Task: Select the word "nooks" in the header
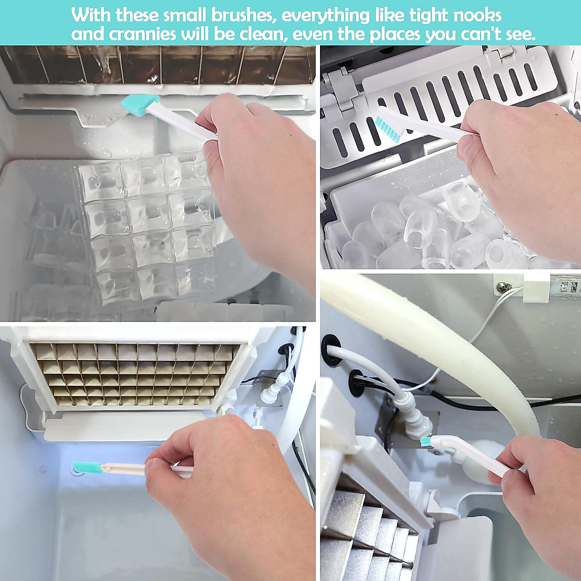pos(477,15)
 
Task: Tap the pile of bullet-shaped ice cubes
pos(426,228)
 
